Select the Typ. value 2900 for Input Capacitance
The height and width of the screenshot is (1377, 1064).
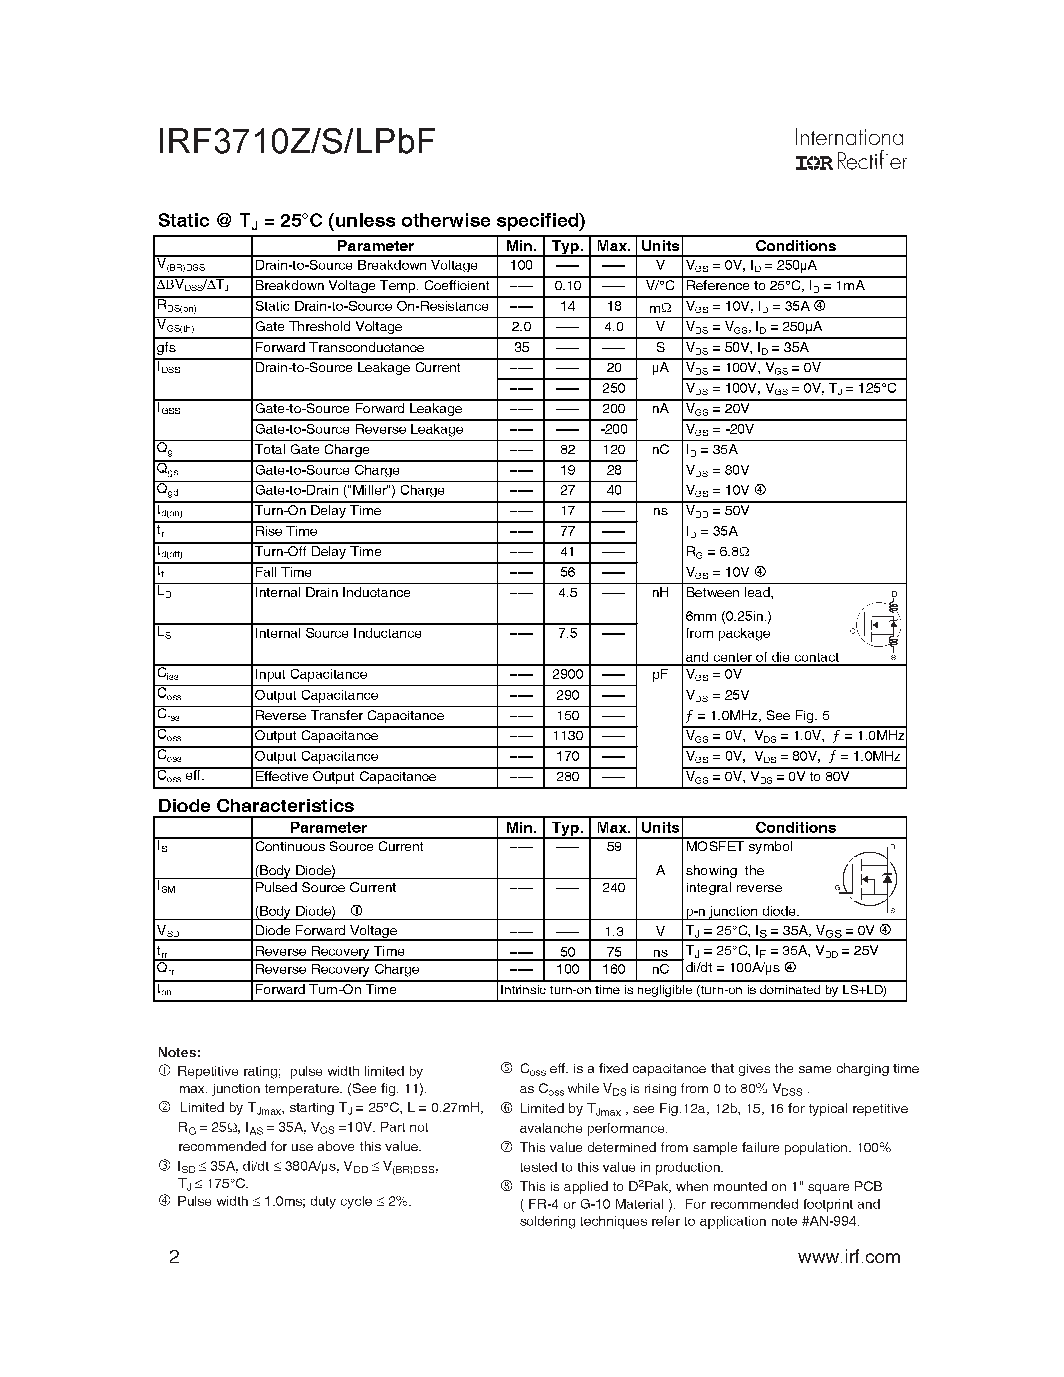(567, 674)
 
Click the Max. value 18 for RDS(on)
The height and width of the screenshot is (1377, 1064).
(613, 306)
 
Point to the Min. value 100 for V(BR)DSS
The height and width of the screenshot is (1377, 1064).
(521, 265)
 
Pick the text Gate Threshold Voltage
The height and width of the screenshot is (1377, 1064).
(328, 326)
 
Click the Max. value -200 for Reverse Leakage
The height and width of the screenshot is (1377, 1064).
(613, 429)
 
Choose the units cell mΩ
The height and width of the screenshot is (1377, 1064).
(660, 307)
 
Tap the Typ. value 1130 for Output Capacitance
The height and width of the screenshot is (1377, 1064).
(567, 736)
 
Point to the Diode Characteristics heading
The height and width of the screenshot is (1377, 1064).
(256, 806)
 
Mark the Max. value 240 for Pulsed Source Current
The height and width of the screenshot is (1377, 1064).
(613, 888)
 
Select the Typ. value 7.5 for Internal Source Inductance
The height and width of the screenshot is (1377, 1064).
(567, 633)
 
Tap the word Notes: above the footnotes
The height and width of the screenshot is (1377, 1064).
(179, 1053)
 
